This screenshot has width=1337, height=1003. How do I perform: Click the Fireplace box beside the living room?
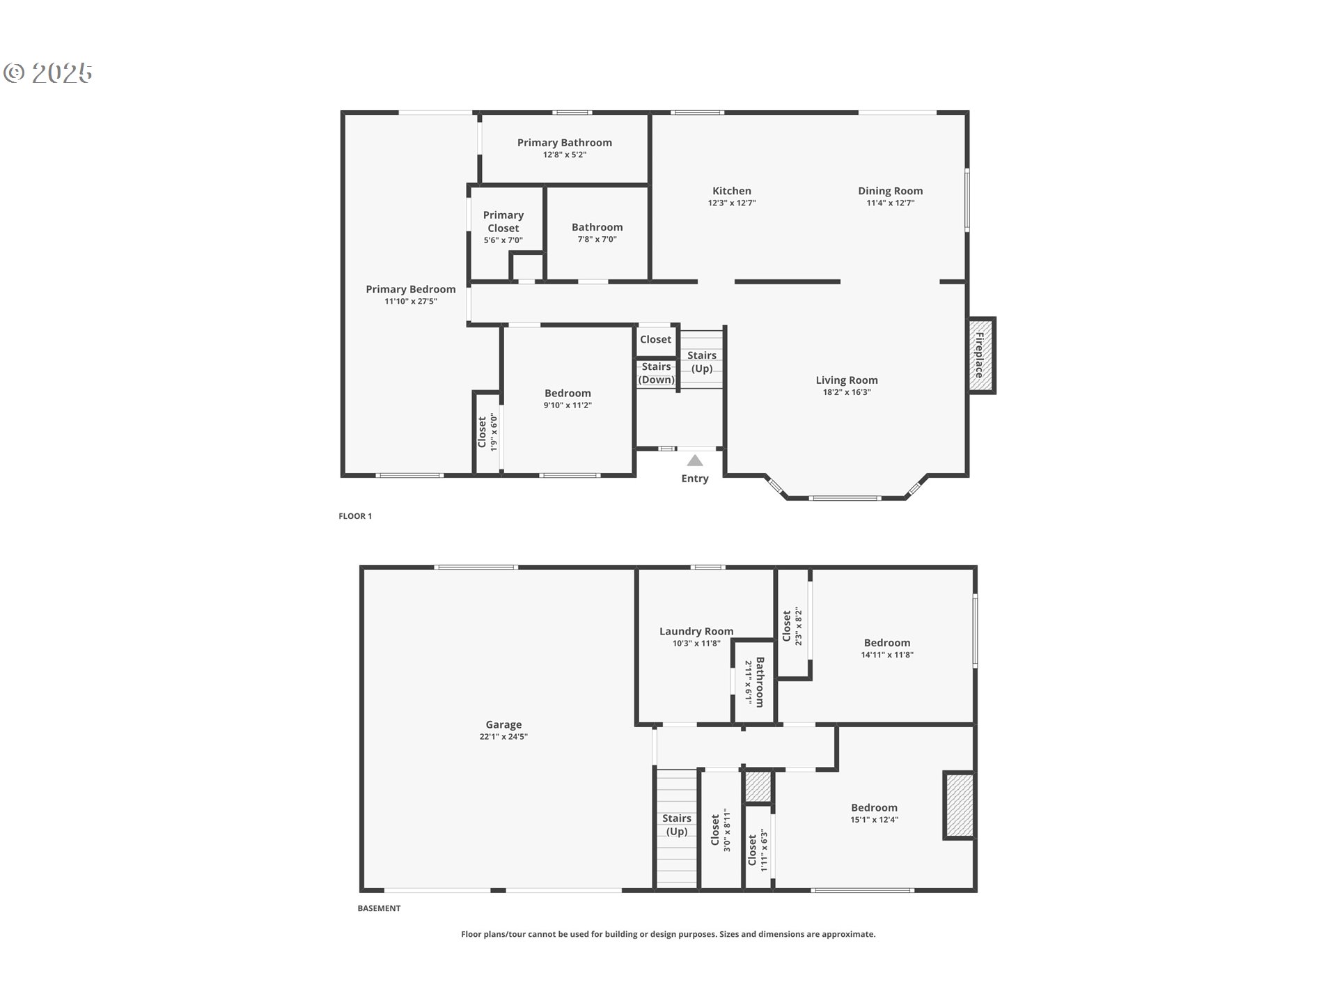point(980,355)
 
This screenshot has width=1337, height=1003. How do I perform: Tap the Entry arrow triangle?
point(695,460)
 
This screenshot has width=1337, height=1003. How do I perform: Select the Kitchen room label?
point(732,191)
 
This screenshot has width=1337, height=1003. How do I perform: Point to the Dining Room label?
point(891,191)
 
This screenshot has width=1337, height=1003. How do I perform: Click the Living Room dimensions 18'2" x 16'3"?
point(847,392)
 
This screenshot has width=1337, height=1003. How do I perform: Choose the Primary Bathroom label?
point(565,143)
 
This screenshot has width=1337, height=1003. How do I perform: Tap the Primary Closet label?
point(503,221)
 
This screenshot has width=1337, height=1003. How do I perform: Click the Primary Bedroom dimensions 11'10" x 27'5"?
point(411,302)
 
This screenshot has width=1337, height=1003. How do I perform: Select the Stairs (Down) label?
point(657,373)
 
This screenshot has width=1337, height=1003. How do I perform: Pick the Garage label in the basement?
point(503,724)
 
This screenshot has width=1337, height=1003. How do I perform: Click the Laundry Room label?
point(696,632)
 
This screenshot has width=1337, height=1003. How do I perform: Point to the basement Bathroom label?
point(760,682)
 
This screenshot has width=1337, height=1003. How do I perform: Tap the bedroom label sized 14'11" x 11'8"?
point(887,643)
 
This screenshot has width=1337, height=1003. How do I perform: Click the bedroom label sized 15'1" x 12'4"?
point(874,808)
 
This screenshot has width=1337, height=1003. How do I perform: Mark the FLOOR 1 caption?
point(355,516)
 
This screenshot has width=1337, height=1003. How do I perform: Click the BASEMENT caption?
point(379,908)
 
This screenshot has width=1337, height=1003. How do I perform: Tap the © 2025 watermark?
point(48,73)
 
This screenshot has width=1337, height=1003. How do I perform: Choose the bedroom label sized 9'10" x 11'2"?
point(568,394)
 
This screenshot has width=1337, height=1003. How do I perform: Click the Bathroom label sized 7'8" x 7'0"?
point(597,227)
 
